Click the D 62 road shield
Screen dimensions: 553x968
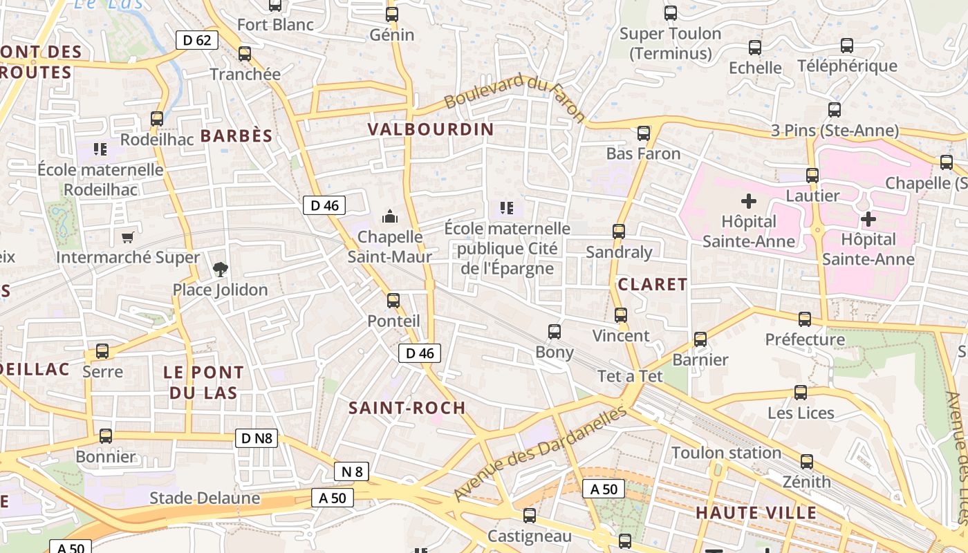[197, 40]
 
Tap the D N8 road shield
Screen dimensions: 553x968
[257, 438]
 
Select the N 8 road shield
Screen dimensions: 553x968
[351, 471]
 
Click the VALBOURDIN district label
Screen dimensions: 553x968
[431, 129]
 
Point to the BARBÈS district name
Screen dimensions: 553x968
[236, 135]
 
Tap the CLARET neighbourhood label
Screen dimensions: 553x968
[652, 284]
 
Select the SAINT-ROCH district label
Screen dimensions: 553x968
[407, 408]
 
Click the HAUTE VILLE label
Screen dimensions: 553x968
[756, 513]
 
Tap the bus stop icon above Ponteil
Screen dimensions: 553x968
[393, 300]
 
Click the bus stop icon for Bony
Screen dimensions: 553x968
[555, 331]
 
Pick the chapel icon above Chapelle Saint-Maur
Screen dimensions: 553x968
[390, 216]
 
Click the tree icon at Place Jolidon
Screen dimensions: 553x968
[220, 268]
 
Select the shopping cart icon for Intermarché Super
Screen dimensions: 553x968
[127, 237]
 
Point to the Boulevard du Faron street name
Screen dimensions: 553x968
[514, 98]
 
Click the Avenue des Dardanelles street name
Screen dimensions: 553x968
[541, 453]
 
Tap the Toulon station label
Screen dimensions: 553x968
[726, 453]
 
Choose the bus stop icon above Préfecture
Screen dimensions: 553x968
[805, 319]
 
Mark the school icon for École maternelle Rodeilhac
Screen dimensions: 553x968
[100, 149]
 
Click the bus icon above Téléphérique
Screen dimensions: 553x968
[846, 46]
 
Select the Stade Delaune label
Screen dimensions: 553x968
[205, 498]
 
